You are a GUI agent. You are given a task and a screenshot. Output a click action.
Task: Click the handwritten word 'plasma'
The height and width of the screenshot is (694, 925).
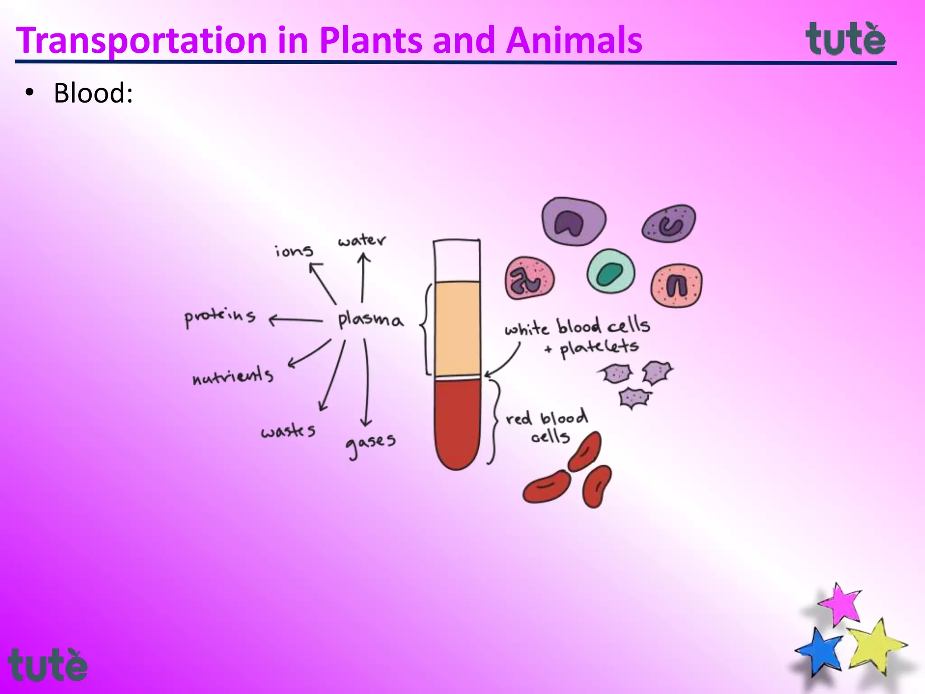pos(369,319)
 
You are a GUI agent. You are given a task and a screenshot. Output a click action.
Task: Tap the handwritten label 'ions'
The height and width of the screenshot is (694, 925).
pos(294,251)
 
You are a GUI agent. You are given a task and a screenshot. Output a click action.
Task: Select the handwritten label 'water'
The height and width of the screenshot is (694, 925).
pos(362,241)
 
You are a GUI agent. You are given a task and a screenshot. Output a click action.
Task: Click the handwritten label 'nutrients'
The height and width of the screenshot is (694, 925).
pos(233,376)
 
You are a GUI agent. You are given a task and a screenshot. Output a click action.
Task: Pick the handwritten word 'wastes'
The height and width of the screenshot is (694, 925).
pos(288,431)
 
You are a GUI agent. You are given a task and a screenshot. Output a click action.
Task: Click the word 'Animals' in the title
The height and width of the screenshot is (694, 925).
pos(574,41)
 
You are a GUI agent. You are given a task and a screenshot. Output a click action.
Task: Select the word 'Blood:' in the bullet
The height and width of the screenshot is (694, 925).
pos(93,93)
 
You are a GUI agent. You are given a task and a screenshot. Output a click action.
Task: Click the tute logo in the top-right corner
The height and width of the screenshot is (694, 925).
pos(846,39)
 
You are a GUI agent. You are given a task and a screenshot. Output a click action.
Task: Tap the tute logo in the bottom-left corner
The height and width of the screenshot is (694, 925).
pos(47,665)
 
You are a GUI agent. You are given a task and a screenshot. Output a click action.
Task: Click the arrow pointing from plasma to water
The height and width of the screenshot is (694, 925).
pos(363,278)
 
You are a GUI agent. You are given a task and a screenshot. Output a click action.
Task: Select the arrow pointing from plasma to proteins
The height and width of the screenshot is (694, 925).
pos(296,320)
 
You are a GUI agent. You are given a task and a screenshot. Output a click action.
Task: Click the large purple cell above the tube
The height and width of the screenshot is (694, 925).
pos(574,221)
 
